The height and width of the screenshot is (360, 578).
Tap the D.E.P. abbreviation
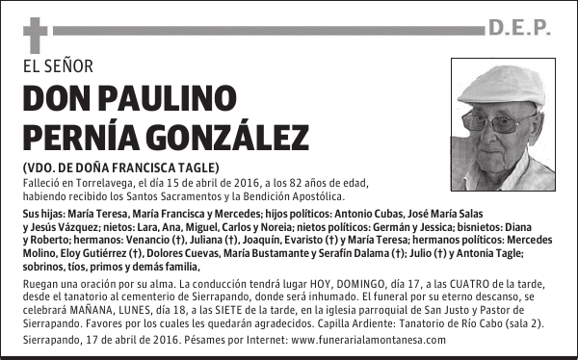pos(518,29)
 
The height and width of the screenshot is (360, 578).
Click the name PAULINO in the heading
pos(168,98)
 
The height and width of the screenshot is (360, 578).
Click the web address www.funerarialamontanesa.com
pos(367,340)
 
